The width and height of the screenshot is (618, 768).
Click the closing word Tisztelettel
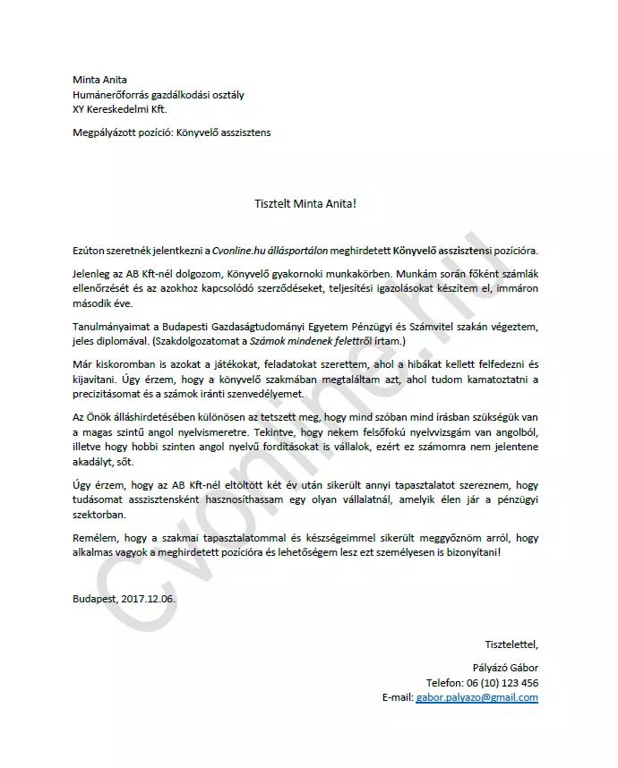(x=511, y=644)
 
